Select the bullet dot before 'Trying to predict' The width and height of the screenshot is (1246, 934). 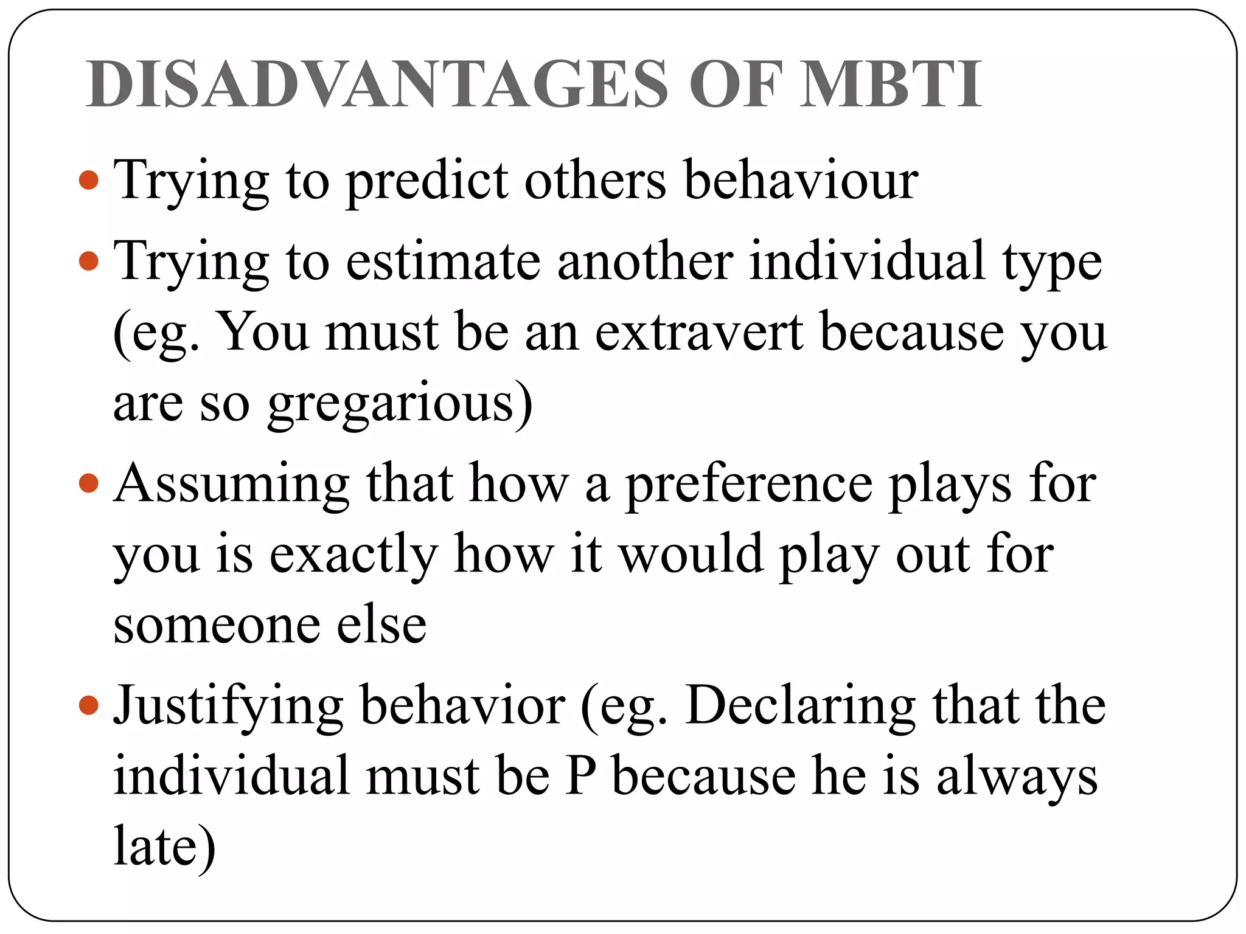89,180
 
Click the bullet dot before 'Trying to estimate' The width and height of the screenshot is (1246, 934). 89,261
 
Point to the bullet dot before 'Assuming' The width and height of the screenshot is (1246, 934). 89,484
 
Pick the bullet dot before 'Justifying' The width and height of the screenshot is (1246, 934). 89,705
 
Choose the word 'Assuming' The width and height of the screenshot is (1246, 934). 231,485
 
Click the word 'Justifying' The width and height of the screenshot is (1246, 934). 229,707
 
